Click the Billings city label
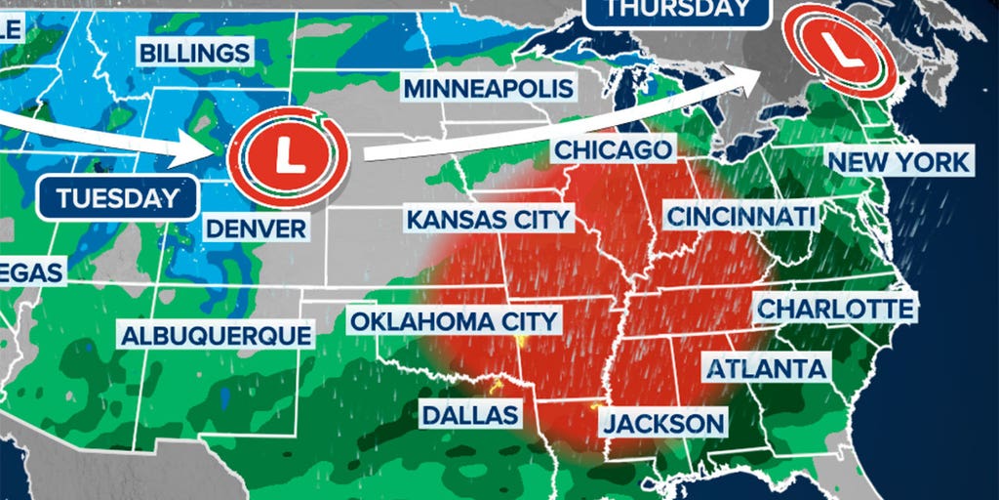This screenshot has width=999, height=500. pyautogui.click(x=195, y=53)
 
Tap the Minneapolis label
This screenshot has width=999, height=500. pyautogui.click(x=488, y=89)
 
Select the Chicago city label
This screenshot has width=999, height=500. pyautogui.click(x=614, y=149)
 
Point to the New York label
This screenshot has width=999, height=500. pyautogui.click(x=899, y=161)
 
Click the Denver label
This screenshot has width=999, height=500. pyautogui.click(x=256, y=229)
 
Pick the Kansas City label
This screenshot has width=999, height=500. pyautogui.click(x=488, y=218)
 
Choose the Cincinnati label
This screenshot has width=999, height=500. pyautogui.click(x=739, y=215)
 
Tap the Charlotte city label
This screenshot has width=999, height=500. pyautogui.click(x=835, y=309)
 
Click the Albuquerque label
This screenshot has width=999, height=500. pyautogui.click(x=216, y=335)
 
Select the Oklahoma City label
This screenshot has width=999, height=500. pyautogui.click(x=454, y=320)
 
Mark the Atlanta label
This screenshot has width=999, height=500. pyautogui.click(x=766, y=369)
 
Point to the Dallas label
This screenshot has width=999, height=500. pyautogui.click(x=469, y=414)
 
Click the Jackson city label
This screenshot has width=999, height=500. pyautogui.click(x=663, y=424)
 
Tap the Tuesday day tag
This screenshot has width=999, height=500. pyautogui.click(x=118, y=198)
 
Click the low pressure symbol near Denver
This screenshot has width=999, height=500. pyautogui.click(x=288, y=156)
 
